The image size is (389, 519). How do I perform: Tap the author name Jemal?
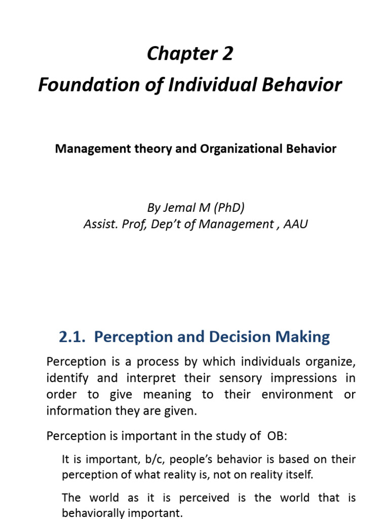(x=179, y=207)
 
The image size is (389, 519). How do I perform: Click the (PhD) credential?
(x=228, y=207)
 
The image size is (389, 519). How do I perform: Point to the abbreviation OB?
(x=280, y=436)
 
